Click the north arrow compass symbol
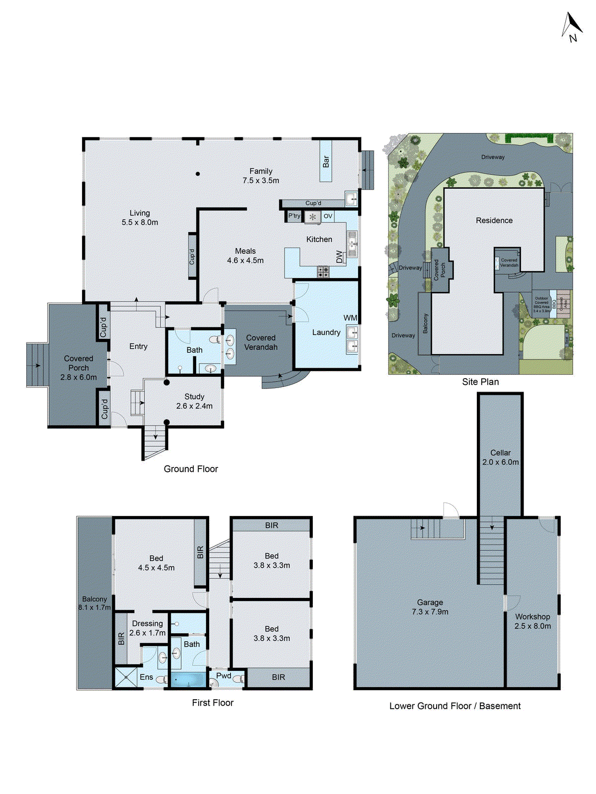tap(572, 27)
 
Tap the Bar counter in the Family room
tap(326, 161)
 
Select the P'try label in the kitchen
tap(294, 216)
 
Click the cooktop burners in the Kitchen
tap(323, 271)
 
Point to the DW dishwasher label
tap(340, 257)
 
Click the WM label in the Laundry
tap(350, 318)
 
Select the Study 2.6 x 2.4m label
tap(194, 401)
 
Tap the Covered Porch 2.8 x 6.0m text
tap(78, 368)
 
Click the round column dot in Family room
tap(198, 174)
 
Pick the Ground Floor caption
tap(191, 469)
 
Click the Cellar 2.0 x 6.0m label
tap(500, 457)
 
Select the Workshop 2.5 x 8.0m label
tap(532, 621)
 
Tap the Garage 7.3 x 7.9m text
tap(430, 607)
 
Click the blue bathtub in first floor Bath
tap(188, 679)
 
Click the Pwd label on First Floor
tap(223, 675)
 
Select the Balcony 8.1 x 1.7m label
tap(94, 603)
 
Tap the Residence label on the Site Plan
tap(494, 220)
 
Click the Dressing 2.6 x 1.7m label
tap(148, 628)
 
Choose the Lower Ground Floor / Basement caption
tap(455, 706)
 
